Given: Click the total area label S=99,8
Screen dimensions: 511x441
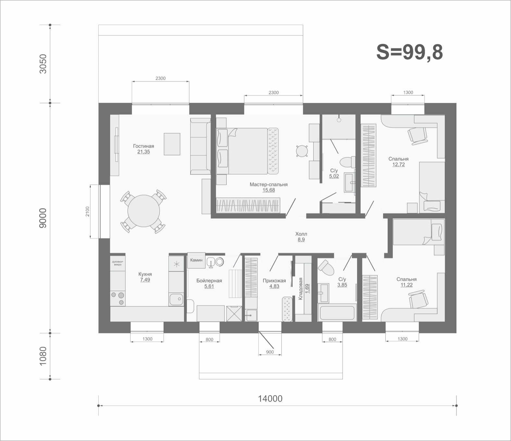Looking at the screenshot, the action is click(409, 53).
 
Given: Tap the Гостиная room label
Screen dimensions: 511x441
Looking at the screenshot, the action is click(143, 146).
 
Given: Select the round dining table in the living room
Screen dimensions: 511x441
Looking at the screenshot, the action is click(143, 211).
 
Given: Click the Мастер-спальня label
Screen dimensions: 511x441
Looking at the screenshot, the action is click(268, 184).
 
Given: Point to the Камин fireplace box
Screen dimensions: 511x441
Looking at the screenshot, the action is click(196, 260).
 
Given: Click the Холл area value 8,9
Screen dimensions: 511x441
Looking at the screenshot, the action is click(301, 240).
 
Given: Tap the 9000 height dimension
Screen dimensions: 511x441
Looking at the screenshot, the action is click(43, 218).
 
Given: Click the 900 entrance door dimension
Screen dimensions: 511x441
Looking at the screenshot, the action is click(270, 352).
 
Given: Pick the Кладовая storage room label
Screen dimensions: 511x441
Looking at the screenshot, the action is click(300, 289).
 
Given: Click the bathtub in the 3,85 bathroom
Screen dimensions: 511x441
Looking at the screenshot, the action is click(337, 313).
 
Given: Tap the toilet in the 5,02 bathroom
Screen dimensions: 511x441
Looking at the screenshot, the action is click(347, 162).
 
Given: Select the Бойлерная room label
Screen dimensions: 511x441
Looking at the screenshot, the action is click(209, 281).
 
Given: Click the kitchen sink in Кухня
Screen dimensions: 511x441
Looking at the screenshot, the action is click(176, 299).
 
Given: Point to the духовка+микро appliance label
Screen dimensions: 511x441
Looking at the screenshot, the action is click(118, 263).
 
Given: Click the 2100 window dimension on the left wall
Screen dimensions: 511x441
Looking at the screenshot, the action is click(88, 211).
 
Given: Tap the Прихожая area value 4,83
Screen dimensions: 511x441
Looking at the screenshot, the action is click(274, 286).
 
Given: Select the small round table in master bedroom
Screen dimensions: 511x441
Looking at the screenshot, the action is click(302, 151).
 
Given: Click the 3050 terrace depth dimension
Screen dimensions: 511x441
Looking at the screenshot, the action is click(43, 64).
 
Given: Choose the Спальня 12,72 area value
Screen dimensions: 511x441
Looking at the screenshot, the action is click(399, 164).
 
